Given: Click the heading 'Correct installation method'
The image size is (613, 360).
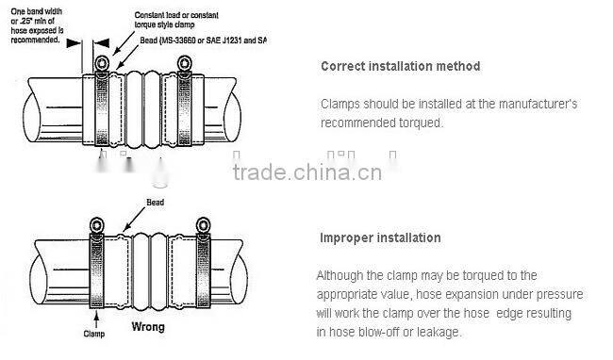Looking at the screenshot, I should point(400,67).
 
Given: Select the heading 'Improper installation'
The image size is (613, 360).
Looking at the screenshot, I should point(380,237).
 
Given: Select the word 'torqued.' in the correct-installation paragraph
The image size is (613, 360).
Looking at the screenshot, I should point(444,123).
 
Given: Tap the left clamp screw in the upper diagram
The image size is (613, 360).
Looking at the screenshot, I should point(101,64).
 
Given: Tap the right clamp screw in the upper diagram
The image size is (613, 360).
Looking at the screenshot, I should point(184,64).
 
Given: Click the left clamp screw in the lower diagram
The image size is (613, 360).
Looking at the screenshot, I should point(95,223).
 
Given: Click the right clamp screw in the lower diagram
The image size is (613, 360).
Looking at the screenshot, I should point(202,223).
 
